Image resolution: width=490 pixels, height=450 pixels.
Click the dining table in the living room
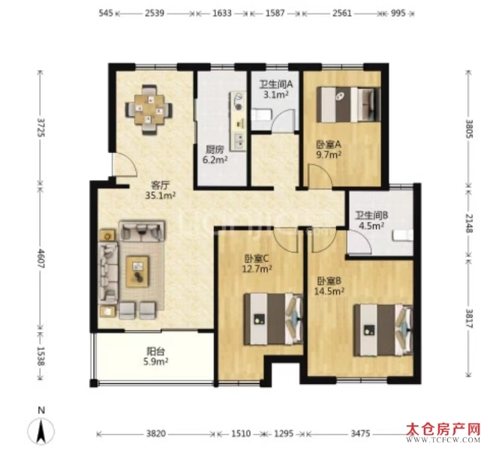[x=149, y=109]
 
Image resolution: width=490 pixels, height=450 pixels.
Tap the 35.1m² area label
[x=160, y=196]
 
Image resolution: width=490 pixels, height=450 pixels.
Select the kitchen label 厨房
[x=215, y=150]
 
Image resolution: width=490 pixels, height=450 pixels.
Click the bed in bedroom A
[x=348, y=104]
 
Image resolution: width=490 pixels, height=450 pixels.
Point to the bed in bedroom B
[x=383, y=330]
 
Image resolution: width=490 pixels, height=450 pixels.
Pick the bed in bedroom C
[x=273, y=319]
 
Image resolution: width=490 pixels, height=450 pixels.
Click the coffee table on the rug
[x=137, y=271]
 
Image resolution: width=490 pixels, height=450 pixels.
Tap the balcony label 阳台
[x=155, y=351]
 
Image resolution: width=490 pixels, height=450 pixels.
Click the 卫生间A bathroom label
[x=275, y=84]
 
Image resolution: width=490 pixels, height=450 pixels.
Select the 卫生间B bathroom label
[x=371, y=215]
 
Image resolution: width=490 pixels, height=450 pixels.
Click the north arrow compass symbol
[x=41, y=430]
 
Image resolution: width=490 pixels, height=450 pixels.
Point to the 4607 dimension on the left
[x=41, y=258]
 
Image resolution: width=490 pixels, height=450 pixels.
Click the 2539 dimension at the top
[x=155, y=13]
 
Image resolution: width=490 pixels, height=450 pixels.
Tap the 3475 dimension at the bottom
[x=360, y=433]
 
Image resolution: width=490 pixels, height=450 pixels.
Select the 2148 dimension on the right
[x=470, y=223]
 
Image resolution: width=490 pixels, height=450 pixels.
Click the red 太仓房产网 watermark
[x=443, y=430]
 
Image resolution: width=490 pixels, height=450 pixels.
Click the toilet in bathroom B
[x=403, y=235]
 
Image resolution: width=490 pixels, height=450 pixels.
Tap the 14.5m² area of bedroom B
[x=329, y=291]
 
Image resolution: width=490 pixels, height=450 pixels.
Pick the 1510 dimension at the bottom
[x=241, y=433]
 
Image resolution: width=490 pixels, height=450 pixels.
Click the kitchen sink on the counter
[x=239, y=141]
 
